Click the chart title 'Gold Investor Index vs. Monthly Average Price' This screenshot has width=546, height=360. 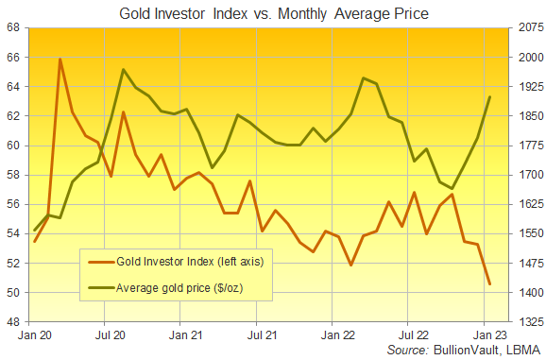point(274,14)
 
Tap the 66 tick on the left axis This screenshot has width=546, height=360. point(13,57)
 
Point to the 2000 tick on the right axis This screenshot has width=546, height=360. point(531,57)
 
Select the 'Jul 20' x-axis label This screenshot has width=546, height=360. point(111,334)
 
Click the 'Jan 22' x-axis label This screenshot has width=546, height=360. point(338,334)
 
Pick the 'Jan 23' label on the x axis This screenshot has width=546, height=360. point(490,334)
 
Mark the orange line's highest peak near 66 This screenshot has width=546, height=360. point(60,59)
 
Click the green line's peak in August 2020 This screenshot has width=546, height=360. point(123,69)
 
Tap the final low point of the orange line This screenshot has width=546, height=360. point(490,284)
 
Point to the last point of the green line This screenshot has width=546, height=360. point(490,96)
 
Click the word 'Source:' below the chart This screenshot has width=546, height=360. point(408,350)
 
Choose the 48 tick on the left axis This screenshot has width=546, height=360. point(13,321)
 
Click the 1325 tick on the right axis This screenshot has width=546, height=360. point(531,321)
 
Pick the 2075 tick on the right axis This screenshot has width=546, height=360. point(531,27)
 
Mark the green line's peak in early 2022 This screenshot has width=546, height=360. point(364,78)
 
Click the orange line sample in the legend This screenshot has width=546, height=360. point(101,262)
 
